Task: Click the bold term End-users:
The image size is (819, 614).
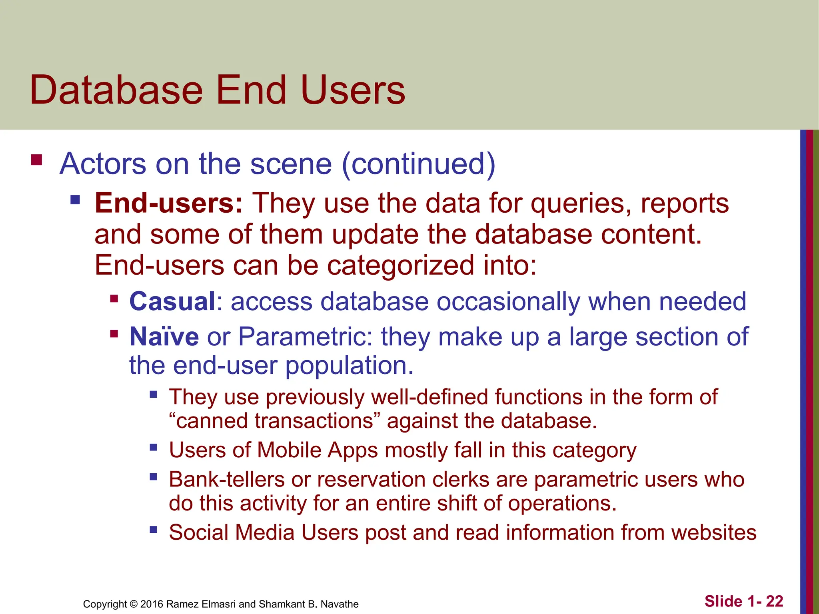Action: click(168, 203)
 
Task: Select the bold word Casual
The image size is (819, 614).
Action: click(172, 301)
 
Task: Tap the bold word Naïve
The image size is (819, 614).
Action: click(164, 337)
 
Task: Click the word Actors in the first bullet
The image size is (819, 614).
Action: click(103, 164)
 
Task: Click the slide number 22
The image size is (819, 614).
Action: click(775, 601)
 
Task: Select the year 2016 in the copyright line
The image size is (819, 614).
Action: click(152, 604)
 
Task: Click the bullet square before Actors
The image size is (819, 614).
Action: click(36, 160)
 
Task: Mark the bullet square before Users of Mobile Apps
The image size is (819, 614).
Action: click(154, 447)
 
